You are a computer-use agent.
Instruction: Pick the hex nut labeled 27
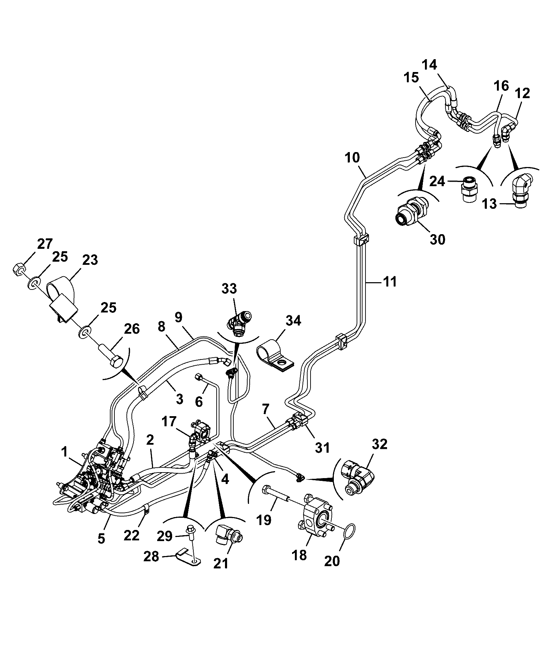coord(18,269)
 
